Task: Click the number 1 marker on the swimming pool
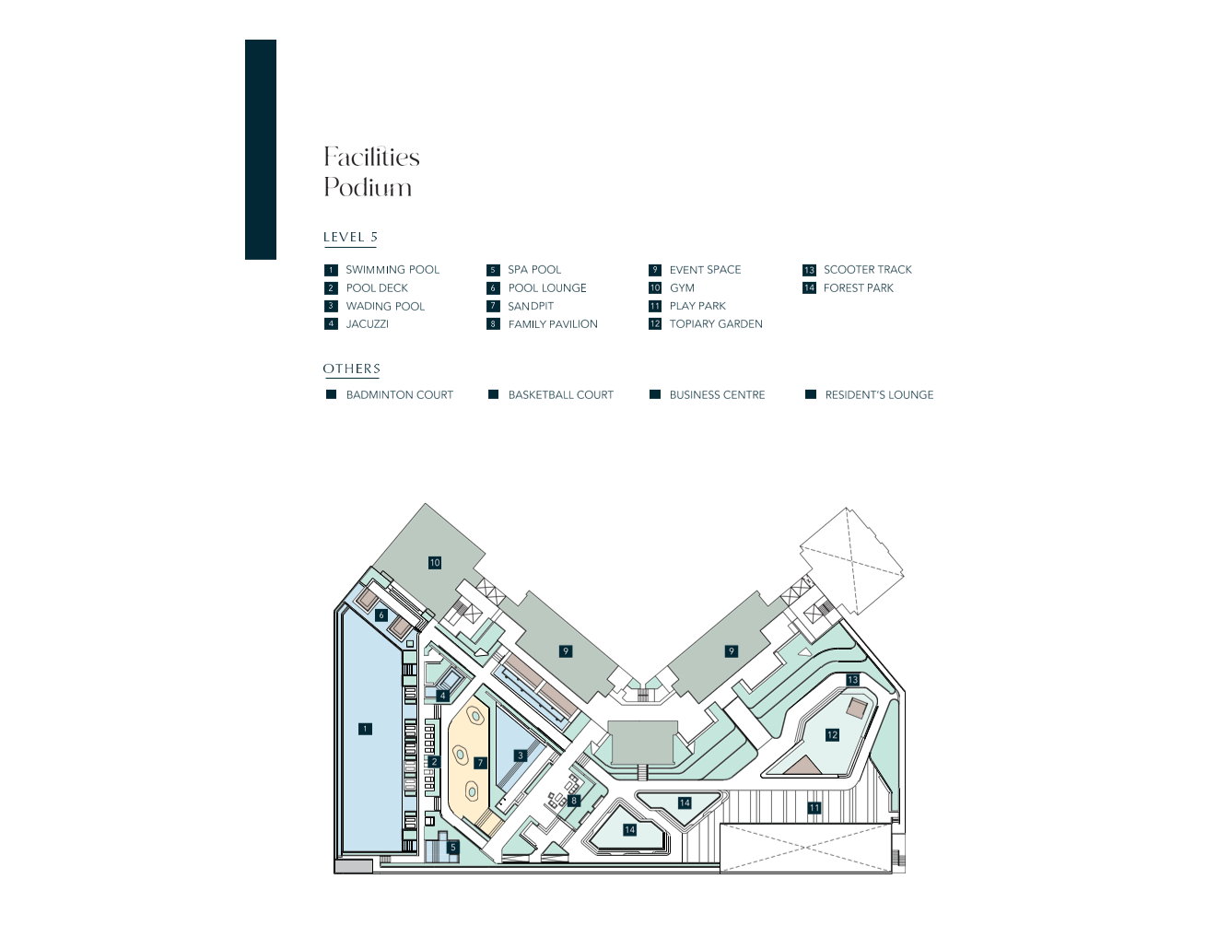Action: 365,729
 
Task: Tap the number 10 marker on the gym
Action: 434,563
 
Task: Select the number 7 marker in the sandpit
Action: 480,762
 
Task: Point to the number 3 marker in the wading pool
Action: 521,756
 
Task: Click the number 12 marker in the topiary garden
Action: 832,735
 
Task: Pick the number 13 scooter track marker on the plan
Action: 852,680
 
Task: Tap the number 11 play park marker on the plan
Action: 814,808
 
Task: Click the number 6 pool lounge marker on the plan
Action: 381,615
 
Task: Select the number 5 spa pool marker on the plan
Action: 453,848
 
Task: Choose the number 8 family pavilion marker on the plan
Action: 573,801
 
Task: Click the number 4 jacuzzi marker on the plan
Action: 442,696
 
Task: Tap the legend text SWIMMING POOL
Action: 392,270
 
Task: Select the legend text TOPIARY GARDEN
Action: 716,324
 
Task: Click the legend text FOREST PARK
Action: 858,288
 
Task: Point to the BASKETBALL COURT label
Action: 560,394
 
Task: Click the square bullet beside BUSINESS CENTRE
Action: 655,394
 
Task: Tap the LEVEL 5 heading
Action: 350,237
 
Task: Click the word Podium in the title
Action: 368,187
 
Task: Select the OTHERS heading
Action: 351,369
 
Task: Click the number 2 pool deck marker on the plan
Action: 434,762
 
